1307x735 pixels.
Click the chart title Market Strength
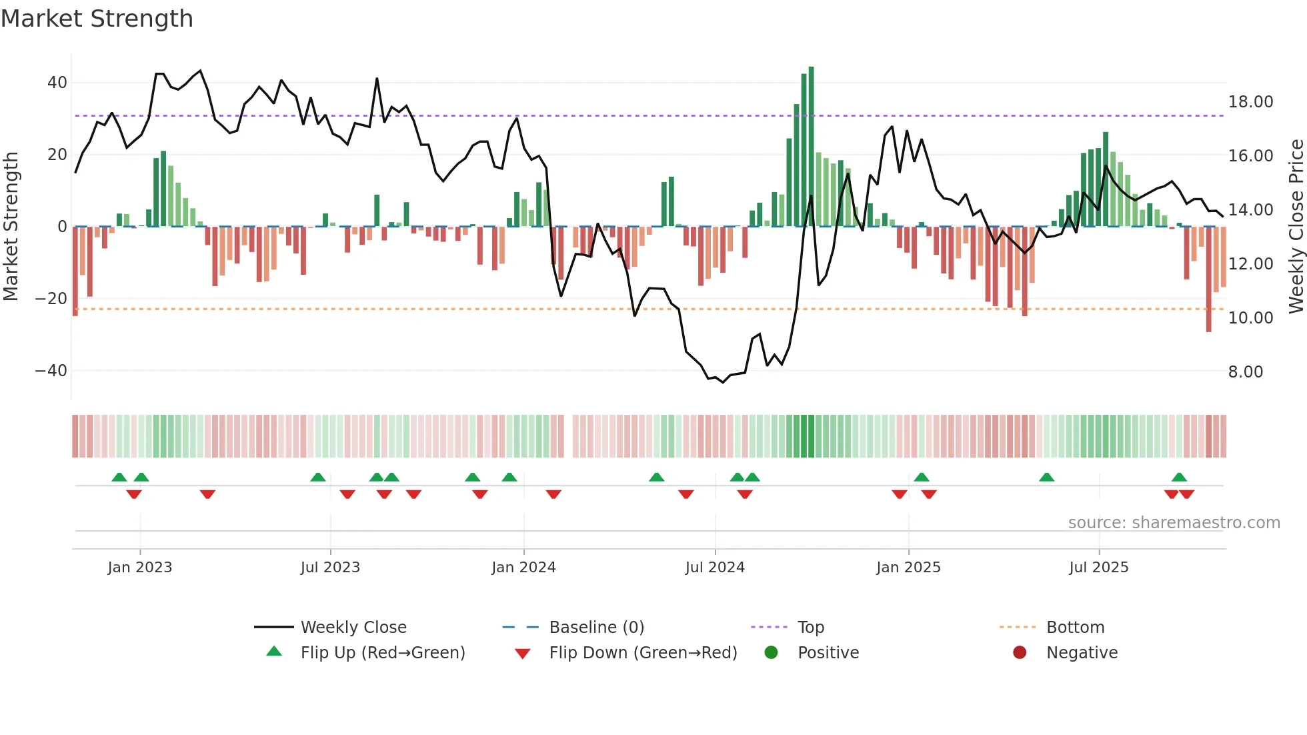[97, 19]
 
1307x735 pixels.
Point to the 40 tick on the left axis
[57, 83]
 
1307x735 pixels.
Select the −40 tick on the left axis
[51, 370]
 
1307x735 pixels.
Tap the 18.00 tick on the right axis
[1250, 102]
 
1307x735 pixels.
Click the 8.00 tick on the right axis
[1246, 372]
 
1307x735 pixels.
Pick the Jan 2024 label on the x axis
[523, 568]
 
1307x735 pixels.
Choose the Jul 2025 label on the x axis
[1098, 568]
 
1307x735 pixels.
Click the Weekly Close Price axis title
[1296, 227]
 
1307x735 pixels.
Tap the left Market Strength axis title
[11, 227]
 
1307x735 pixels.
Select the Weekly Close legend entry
[353, 628]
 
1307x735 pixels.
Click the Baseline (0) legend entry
[596, 628]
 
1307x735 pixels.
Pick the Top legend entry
[811, 628]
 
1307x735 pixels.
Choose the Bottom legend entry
[1075, 628]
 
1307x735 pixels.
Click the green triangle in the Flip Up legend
[274, 652]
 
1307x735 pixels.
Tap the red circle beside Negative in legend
[1020, 652]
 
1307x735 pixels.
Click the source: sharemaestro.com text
[1174, 523]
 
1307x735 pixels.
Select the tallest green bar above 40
[811, 147]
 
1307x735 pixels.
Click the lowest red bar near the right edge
[1208, 280]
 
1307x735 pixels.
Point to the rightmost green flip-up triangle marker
[1179, 477]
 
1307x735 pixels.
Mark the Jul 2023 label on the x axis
[330, 568]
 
